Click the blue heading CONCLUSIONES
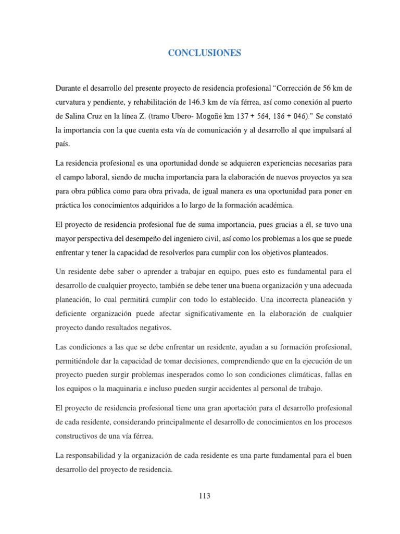pos(204,53)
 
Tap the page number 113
pos(204,495)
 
